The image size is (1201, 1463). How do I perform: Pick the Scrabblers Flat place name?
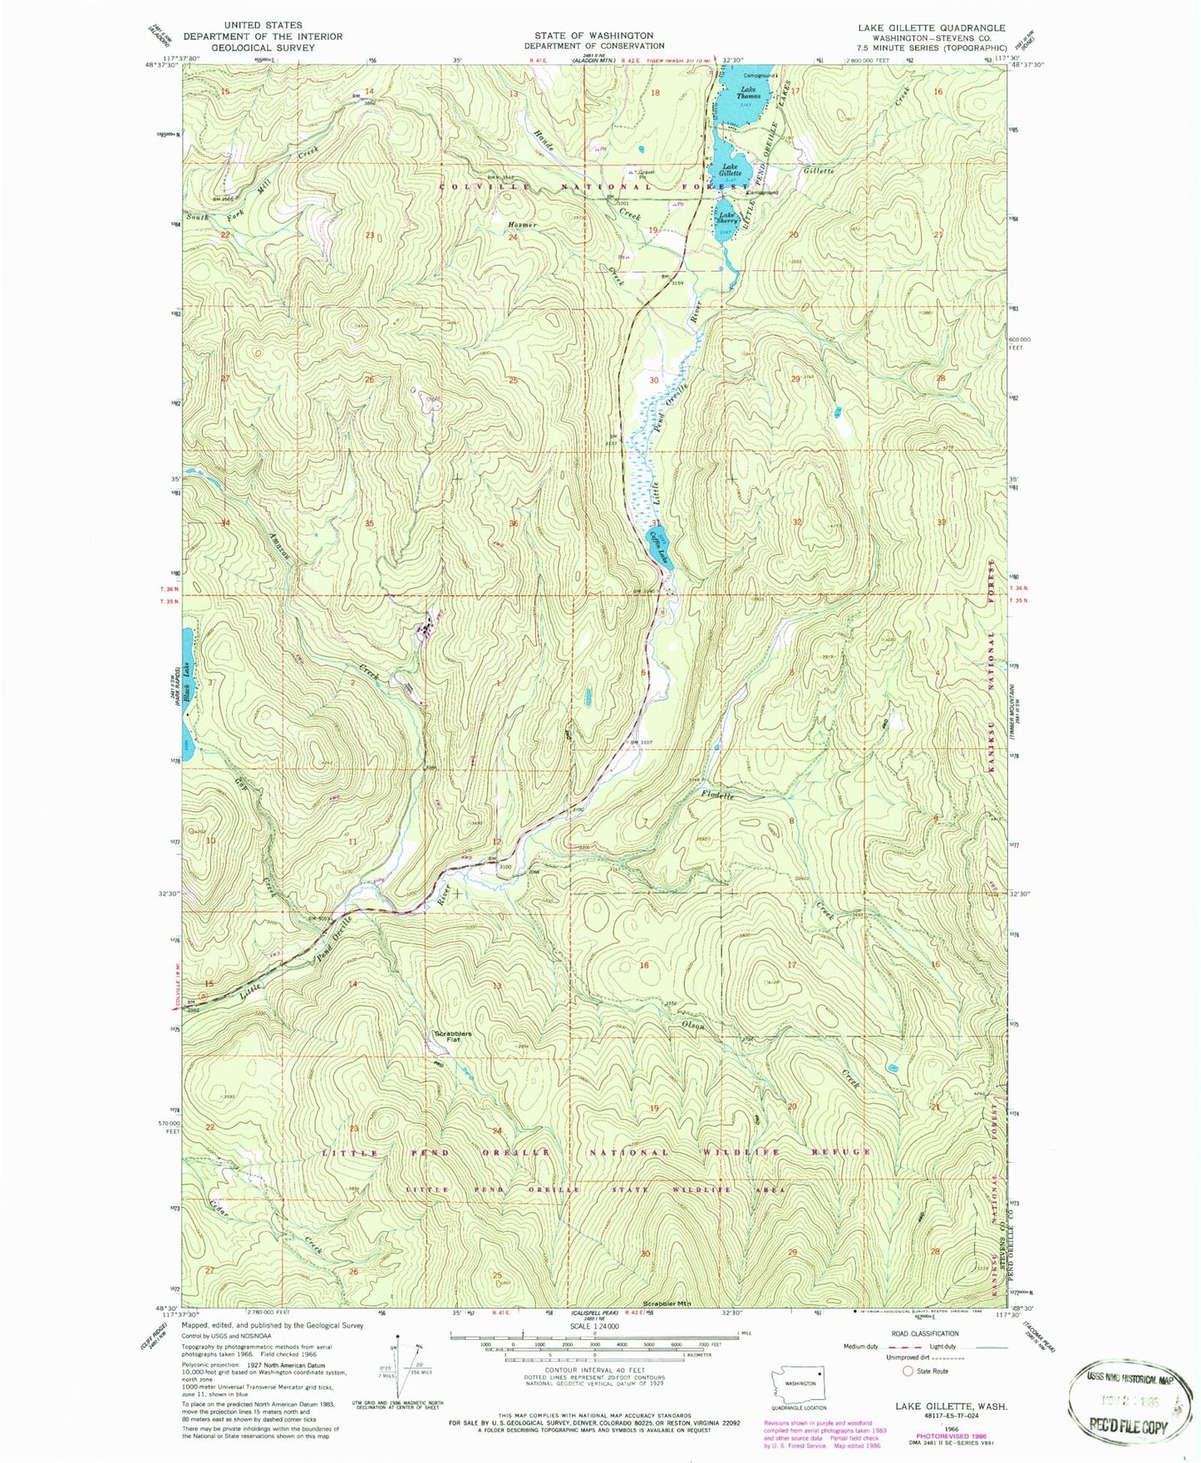[x=452, y=1036]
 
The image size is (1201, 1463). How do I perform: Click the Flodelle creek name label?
[x=718, y=796]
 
